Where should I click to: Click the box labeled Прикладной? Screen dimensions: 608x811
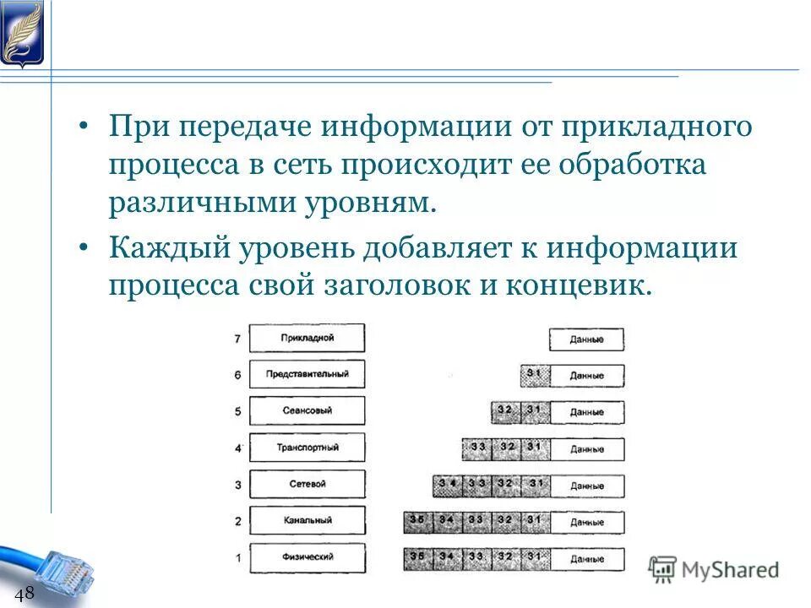click(308, 338)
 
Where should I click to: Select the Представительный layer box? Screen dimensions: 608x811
click(308, 374)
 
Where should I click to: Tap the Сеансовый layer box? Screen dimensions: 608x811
click(308, 410)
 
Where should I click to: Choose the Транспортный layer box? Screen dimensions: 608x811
click(308, 448)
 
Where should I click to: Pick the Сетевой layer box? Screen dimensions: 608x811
click(308, 484)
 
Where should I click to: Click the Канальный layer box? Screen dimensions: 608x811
click(308, 521)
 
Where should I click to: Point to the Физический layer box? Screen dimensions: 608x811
click(308, 557)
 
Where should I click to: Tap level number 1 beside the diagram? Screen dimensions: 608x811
click(237, 558)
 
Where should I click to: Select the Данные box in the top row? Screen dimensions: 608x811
click(586, 339)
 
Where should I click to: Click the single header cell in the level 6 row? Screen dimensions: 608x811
click(535, 375)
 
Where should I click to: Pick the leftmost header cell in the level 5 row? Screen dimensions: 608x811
click(505, 412)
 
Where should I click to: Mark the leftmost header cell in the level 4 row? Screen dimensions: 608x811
click(476, 448)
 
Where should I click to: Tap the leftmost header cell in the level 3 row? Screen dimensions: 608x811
click(447, 486)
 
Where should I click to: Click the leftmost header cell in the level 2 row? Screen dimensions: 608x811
click(417, 522)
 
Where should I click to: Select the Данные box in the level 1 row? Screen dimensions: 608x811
click(586, 559)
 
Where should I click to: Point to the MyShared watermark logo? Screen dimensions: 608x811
click(714, 569)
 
